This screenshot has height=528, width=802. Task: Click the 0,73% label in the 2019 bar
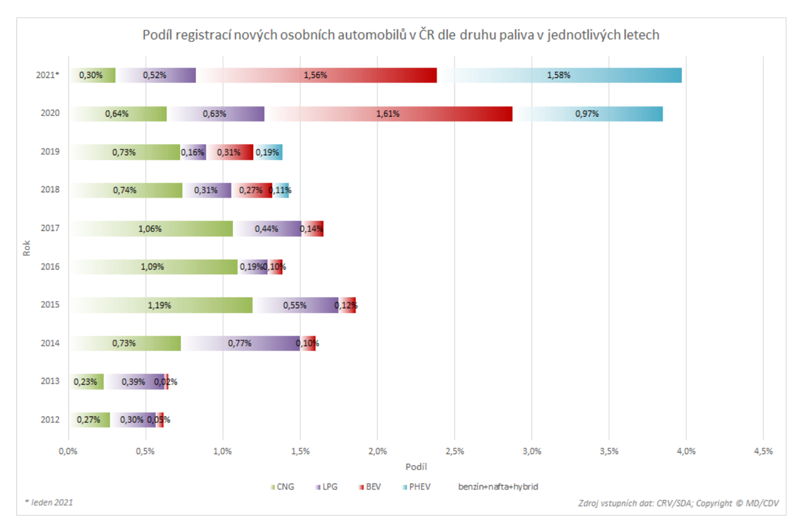(x=124, y=152)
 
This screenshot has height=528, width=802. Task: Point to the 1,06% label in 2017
(x=150, y=229)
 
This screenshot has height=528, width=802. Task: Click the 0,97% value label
(x=587, y=114)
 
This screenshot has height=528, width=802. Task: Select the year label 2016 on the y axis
(x=50, y=267)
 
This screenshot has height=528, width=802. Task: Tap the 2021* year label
(x=47, y=75)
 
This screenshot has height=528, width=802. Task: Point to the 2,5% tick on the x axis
(x=454, y=451)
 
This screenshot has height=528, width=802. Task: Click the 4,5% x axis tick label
(x=763, y=451)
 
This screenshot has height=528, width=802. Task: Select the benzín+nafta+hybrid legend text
(x=498, y=487)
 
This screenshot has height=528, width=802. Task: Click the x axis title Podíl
(x=416, y=467)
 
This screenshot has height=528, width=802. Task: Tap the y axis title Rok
(x=26, y=248)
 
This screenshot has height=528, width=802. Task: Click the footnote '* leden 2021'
(x=49, y=502)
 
